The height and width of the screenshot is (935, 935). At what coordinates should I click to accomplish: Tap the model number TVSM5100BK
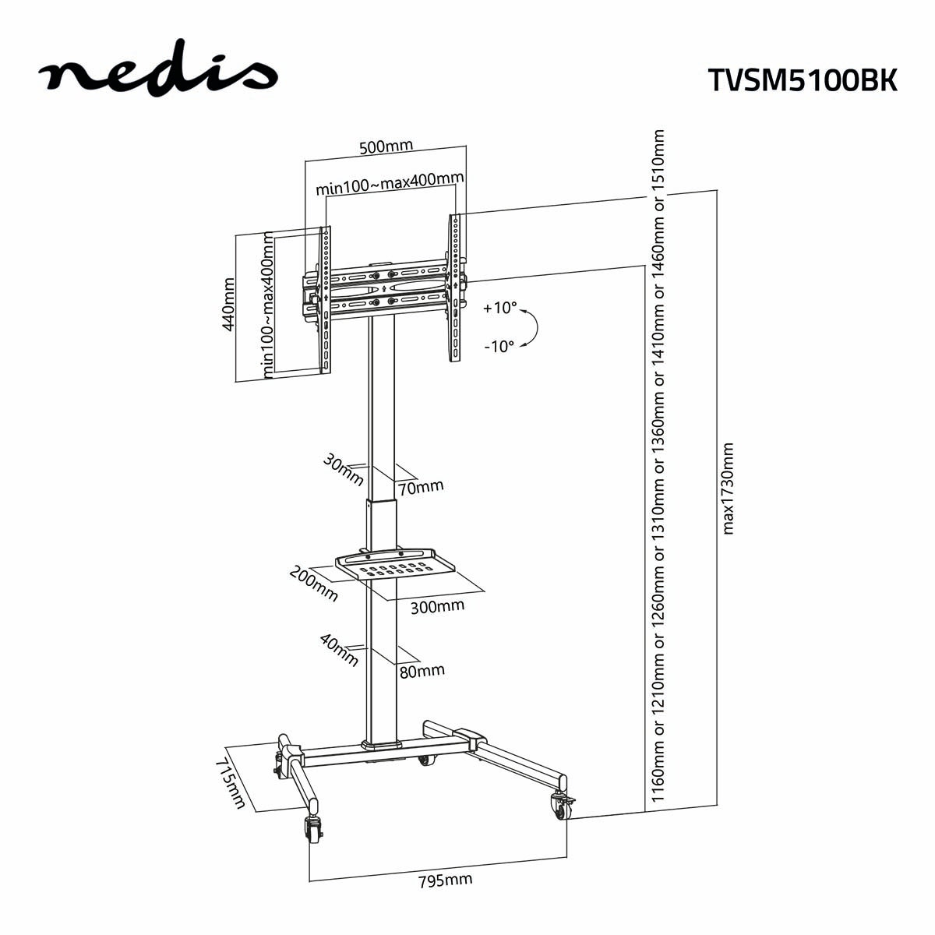pyautogui.click(x=803, y=79)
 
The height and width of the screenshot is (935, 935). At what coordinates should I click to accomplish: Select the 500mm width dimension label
pyautogui.click(x=386, y=146)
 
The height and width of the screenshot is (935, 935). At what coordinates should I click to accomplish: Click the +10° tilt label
pyautogui.click(x=499, y=308)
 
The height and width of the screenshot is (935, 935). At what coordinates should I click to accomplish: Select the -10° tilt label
pyautogui.click(x=499, y=347)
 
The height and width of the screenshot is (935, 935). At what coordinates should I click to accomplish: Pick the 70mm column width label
pyautogui.click(x=421, y=487)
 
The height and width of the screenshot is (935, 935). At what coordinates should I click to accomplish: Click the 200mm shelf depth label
pyautogui.click(x=314, y=584)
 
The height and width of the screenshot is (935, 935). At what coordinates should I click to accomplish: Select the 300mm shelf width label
pyautogui.click(x=436, y=605)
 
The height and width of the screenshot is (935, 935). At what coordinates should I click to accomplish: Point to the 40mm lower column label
pyautogui.click(x=340, y=650)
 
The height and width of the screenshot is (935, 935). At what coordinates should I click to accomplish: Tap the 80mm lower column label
pyautogui.click(x=422, y=670)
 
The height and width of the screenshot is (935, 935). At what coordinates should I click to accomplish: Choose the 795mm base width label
pyautogui.click(x=445, y=881)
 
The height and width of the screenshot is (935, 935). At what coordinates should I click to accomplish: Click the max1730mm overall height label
pyautogui.click(x=729, y=489)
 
